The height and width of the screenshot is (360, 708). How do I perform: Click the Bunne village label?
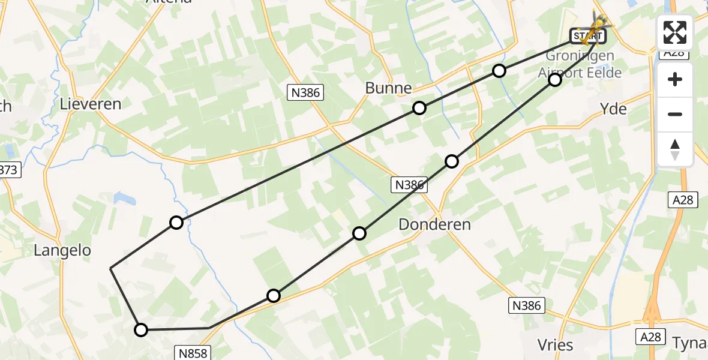coord(388,88)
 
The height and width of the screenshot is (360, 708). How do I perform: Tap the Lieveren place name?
coord(91,104)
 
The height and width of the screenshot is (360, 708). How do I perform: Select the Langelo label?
coord(62,250)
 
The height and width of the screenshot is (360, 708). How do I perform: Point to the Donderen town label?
coord(434,225)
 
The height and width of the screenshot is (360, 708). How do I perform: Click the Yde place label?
coord(613,109)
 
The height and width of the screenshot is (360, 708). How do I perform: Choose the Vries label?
coord(556,345)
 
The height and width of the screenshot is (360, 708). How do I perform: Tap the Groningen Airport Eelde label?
coord(576,64)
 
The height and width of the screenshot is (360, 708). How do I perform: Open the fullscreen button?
coord(675,32)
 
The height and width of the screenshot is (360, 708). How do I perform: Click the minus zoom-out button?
coord(675,114)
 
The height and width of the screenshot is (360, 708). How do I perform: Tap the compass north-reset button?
coord(675,149)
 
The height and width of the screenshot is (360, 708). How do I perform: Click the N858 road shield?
coord(193,353)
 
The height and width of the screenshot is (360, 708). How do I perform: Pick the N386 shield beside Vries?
coord(527,305)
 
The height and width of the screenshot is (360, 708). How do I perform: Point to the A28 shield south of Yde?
coord(683,200)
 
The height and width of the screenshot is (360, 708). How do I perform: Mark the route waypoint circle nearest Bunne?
coord(419,108)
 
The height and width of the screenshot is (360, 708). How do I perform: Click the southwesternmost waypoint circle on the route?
coord(140,329)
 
